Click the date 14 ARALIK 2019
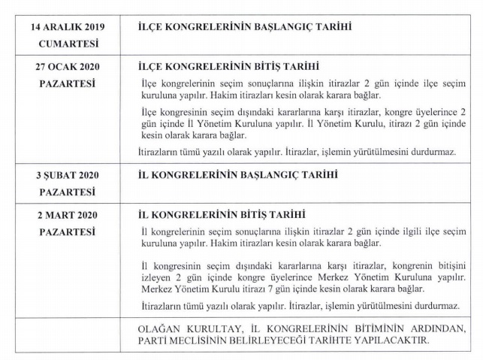[67, 27]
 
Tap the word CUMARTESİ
[68, 44]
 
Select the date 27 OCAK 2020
[68, 66]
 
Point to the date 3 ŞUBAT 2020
[68, 175]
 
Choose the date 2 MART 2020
[68, 214]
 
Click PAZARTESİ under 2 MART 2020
[68, 231]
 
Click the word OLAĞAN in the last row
[160, 329]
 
